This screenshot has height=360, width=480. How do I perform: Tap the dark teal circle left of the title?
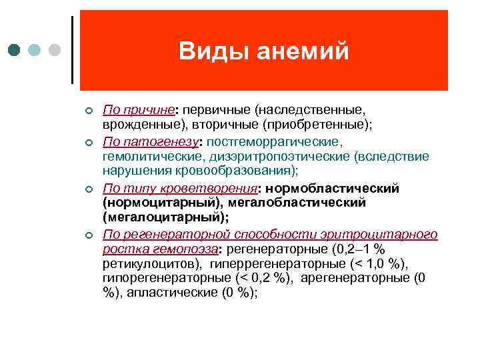(15, 51)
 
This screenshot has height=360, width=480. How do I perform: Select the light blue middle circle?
(35, 51)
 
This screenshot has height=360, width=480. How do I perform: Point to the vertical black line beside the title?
(72, 49)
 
